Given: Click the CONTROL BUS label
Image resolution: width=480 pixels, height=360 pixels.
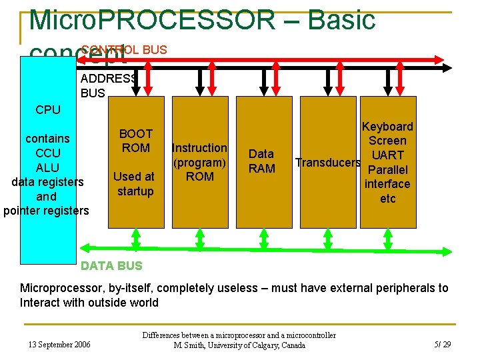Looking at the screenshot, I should pos(124,50).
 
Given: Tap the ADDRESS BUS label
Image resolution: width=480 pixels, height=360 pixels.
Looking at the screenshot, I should pos(108,86).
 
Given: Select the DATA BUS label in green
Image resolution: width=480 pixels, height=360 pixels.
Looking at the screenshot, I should pos(111,266).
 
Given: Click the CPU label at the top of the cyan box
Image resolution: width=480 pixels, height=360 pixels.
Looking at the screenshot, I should pos(47,110).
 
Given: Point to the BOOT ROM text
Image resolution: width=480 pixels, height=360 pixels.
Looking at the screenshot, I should pos(135,141).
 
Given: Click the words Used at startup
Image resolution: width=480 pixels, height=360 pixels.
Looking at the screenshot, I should pos(134,184).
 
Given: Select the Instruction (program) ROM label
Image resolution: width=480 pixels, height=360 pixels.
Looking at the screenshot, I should pos(200,162).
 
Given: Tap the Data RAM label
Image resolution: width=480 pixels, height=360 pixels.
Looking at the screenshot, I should pos(261,161).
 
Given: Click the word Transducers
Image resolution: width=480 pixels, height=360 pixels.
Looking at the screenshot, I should pos(328,163).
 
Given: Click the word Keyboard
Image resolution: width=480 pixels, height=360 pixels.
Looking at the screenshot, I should pos(387,127).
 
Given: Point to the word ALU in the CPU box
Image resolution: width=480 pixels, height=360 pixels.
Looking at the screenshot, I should pos(47,167).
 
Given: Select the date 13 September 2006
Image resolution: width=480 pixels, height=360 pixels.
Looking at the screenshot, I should pos(59,345).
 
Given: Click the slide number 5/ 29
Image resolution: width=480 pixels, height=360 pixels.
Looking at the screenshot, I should pos(443,345).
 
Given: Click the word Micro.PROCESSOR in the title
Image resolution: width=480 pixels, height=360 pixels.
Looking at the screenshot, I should pos(151,20).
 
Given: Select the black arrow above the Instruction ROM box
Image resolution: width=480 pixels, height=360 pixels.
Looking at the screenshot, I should pos(200,81).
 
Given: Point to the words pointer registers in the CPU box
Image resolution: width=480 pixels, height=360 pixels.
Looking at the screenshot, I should pos(45,211).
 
